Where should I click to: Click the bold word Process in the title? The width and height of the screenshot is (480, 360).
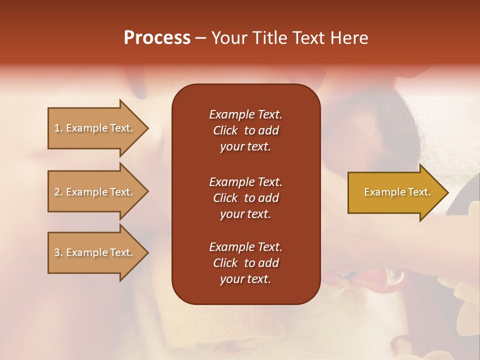coord(157,38)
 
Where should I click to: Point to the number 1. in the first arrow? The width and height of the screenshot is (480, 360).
coord(58,128)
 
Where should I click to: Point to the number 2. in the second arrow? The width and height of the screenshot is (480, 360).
coord(58,192)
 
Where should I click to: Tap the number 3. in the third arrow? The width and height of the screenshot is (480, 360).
coord(58,252)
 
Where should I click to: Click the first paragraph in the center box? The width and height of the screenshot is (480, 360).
coord(245,130)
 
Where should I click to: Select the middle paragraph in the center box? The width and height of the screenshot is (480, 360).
coord(245,198)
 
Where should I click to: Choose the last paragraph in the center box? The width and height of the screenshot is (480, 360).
coord(245,263)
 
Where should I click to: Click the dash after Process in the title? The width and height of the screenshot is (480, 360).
coord(200,38)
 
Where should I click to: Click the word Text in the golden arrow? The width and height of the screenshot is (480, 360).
coord(420,192)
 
